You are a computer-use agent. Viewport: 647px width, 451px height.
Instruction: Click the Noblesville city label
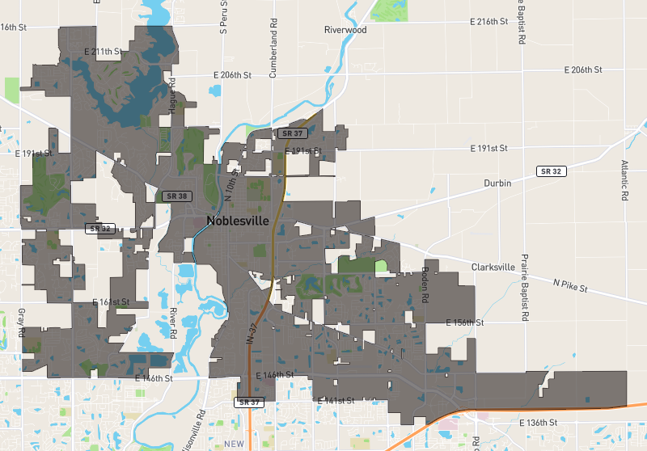243,220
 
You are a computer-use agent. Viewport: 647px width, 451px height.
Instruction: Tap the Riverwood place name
345,30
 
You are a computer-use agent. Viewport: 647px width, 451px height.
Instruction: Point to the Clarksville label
493,267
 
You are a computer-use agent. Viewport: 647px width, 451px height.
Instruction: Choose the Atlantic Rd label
624,179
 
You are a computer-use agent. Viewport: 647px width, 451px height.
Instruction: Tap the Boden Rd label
424,285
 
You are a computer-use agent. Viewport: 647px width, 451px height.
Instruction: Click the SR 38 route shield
175,196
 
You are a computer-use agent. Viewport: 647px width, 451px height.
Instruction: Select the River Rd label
173,322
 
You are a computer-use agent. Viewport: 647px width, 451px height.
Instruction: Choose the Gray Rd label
21,322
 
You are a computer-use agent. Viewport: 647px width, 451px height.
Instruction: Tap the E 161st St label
111,302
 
